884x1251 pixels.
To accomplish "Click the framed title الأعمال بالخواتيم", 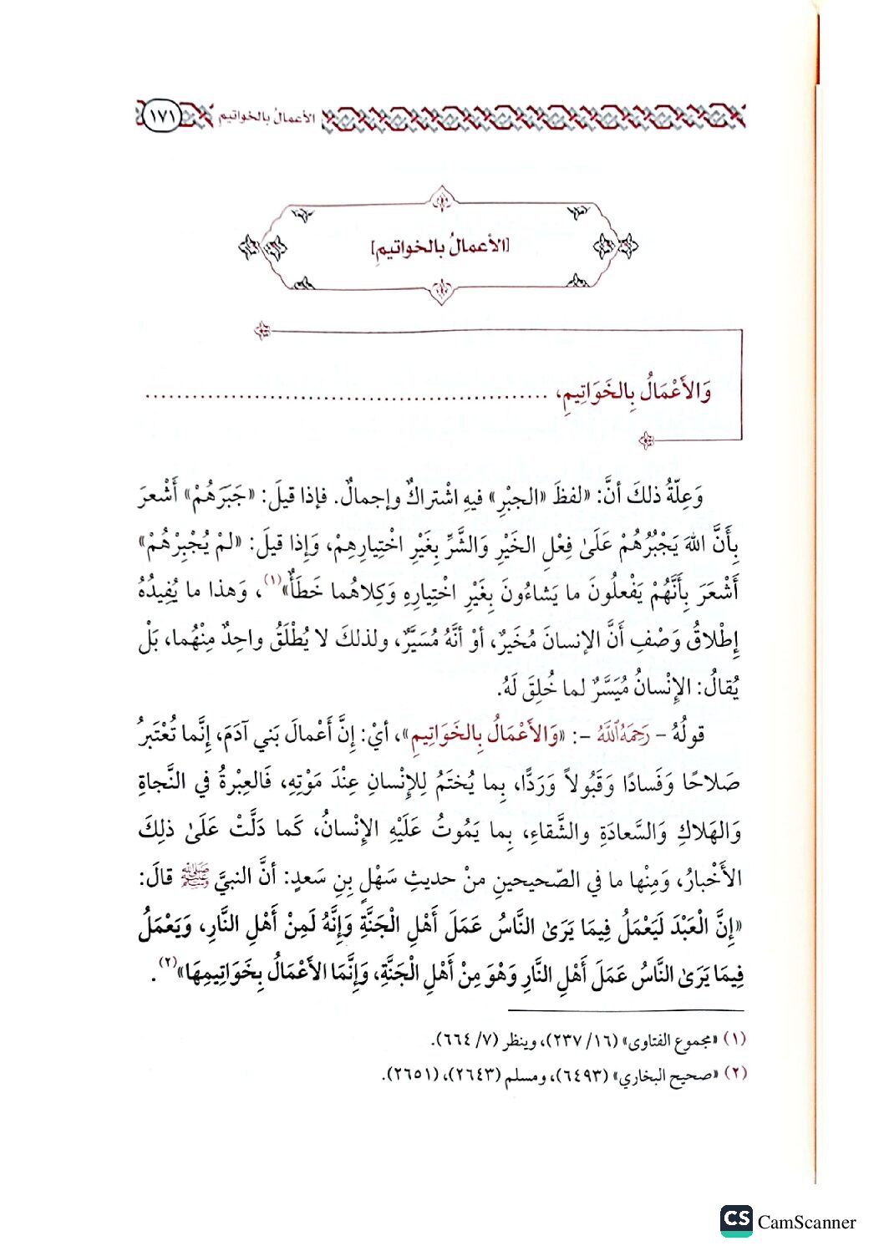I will click(440, 247).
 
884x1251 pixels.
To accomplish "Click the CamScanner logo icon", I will click(736, 1221).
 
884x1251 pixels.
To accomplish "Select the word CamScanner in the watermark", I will click(806, 1223).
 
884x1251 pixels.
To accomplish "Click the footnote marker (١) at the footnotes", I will click(734, 1040).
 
